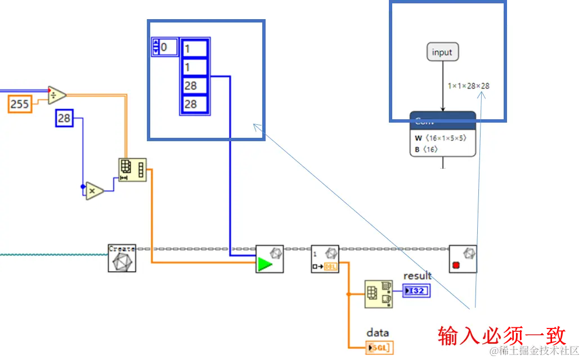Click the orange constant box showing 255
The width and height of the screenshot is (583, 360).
[x=20, y=104]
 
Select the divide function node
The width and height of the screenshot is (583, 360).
[x=56, y=95]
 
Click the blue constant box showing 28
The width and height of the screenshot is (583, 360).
[x=64, y=118]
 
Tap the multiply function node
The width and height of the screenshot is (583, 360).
[x=95, y=191]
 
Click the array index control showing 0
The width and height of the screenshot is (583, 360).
[x=165, y=47]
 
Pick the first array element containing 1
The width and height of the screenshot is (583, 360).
[x=194, y=49]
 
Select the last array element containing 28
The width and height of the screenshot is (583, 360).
[x=194, y=104]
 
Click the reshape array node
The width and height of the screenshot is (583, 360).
[x=132, y=169]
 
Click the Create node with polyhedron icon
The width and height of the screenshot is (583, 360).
[x=122, y=258]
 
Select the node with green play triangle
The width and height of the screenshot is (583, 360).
[x=269, y=259]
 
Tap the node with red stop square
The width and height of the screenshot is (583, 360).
[x=463, y=259]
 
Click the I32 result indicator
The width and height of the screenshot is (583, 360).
[x=416, y=290]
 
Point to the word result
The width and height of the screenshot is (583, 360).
[x=417, y=276]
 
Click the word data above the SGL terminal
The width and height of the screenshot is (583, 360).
[x=378, y=332]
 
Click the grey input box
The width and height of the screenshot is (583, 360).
[x=442, y=52]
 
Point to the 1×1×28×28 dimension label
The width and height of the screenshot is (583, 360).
[x=468, y=86]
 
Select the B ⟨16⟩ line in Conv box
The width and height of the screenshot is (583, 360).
[x=426, y=149]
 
